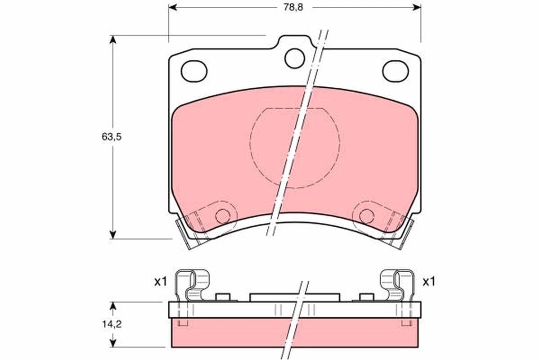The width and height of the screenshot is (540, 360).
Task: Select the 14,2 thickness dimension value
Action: click(x=112, y=324)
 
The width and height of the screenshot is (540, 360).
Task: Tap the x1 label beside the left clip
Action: click(x=160, y=282)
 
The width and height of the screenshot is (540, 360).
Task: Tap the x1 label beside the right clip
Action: click(x=428, y=282)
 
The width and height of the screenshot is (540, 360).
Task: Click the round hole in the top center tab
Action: click(x=295, y=58)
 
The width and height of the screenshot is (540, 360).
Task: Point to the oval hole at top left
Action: click(x=194, y=71)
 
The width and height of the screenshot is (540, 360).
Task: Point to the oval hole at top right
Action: click(x=395, y=71)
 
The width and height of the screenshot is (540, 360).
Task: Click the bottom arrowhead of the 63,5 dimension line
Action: click(x=113, y=234)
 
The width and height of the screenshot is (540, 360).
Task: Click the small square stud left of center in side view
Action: click(x=223, y=297)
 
